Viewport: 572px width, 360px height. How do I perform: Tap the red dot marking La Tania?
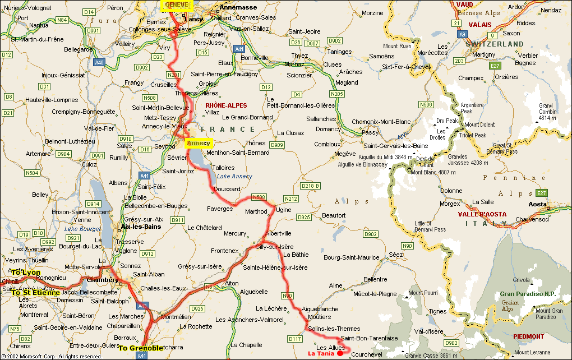340,353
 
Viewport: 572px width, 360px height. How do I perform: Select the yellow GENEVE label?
177,5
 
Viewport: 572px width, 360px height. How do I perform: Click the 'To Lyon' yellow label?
26,273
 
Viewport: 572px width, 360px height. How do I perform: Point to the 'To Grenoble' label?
141,348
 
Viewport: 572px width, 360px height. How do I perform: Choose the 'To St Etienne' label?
35,293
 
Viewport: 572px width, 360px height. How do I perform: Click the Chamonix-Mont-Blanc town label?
381,122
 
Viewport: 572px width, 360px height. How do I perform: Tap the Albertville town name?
279,233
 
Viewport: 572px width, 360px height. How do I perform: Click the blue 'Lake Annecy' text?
234,176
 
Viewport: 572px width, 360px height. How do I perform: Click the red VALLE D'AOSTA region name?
482,214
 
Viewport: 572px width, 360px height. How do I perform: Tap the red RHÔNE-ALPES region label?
226,105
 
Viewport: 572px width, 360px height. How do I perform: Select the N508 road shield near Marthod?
259,197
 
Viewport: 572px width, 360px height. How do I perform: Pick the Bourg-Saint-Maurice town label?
352,257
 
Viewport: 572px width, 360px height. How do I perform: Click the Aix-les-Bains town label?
141,227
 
